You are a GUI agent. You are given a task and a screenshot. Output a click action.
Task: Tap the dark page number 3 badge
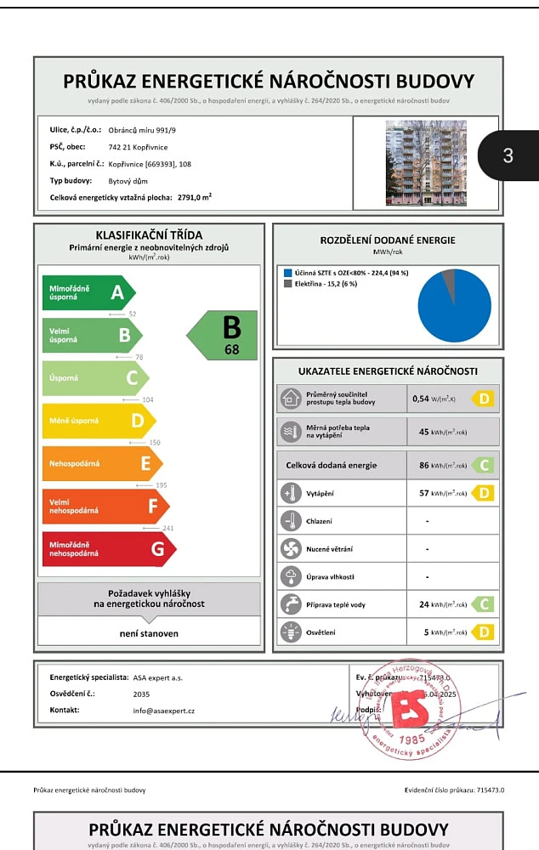(508, 155)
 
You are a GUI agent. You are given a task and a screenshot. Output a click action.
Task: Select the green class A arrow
(88, 292)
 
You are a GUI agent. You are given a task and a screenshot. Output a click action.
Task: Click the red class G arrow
(109, 549)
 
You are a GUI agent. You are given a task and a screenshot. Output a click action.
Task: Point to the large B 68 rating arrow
(223, 335)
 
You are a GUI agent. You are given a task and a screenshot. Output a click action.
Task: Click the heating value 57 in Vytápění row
(424, 493)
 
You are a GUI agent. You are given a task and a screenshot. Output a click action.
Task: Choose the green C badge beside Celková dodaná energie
(483, 466)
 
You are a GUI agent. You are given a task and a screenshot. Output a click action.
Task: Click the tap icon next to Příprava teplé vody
(291, 604)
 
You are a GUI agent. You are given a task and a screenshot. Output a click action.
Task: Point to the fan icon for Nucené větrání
(291, 549)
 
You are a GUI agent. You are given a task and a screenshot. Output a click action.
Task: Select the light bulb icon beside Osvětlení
(291, 632)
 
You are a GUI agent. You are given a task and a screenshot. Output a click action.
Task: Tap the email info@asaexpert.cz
(164, 710)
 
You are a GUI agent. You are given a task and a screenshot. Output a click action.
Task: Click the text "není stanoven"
(149, 633)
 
